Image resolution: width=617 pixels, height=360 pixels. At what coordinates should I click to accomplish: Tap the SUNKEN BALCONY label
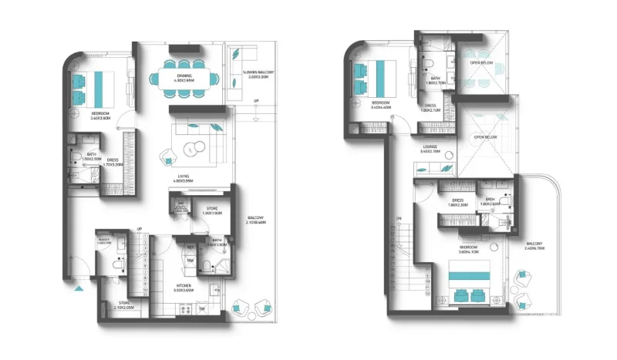(x=247, y=74)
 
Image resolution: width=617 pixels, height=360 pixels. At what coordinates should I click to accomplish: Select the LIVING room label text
(x=184, y=177)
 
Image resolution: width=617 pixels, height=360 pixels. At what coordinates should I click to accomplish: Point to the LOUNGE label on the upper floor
(x=430, y=146)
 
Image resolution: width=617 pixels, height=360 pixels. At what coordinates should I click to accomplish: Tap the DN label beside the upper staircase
(x=399, y=219)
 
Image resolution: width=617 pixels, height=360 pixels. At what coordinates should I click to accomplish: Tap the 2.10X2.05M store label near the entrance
(x=124, y=304)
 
